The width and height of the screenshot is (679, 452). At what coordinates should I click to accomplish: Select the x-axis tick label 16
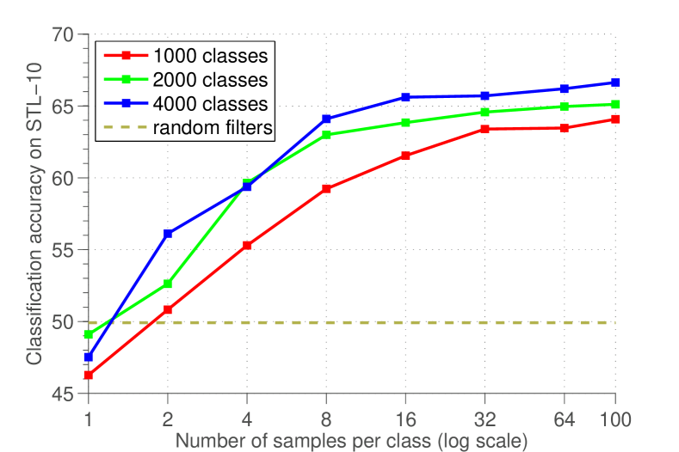coord(405,419)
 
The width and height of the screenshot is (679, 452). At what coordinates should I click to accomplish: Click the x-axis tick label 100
coord(614,419)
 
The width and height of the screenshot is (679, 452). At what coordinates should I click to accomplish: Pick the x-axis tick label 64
coord(565,419)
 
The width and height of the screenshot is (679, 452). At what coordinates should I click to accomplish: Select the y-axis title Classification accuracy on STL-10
coord(34,215)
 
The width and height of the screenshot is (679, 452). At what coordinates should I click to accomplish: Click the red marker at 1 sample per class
coord(89,375)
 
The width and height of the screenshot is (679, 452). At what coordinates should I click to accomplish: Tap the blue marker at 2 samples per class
coord(168,234)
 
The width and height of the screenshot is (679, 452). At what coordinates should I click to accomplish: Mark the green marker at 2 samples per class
coord(168,284)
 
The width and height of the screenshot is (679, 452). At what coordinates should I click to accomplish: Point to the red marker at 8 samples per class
coord(327,188)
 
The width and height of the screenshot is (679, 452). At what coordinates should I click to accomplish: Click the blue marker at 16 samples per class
coord(406,98)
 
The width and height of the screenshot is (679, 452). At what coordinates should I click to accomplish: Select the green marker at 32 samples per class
coord(485,112)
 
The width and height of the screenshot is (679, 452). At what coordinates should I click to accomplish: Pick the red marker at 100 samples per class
coord(614,119)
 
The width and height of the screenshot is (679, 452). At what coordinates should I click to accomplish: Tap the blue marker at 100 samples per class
coord(614,83)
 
